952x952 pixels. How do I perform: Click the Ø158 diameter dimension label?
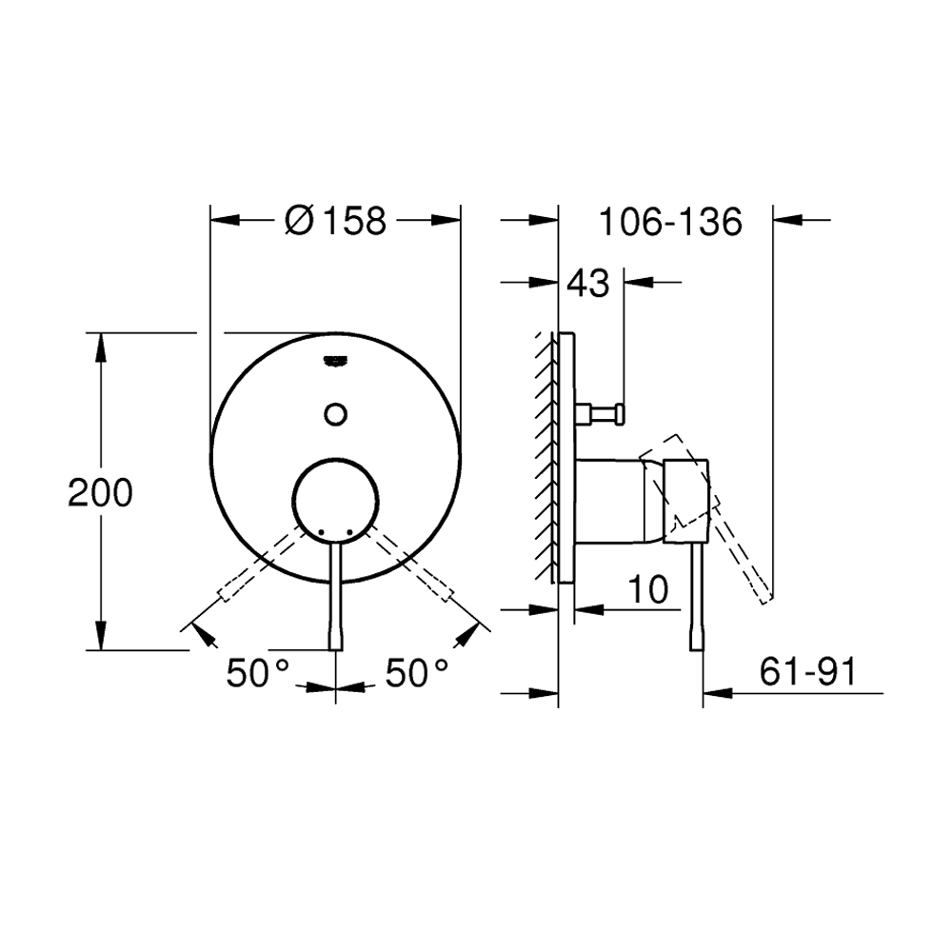335,221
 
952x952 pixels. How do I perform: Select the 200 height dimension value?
100,492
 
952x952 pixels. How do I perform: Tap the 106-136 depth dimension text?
670,221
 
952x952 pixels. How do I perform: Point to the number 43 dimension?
587,283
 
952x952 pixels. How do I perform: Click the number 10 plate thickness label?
648,589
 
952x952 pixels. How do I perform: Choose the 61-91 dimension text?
807,671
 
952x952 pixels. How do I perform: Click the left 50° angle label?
258,673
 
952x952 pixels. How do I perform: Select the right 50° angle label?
417,673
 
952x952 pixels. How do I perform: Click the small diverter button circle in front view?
336,414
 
